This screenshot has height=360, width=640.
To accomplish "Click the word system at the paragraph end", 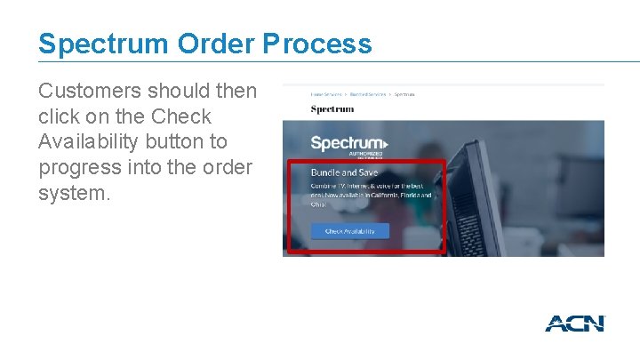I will [74, 192].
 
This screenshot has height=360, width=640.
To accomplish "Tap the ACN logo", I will [574, 324].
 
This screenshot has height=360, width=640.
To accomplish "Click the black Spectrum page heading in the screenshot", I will [332, 109].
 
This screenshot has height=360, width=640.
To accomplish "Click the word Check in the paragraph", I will [182, 116].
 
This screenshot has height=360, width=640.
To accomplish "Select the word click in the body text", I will [55, 116].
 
